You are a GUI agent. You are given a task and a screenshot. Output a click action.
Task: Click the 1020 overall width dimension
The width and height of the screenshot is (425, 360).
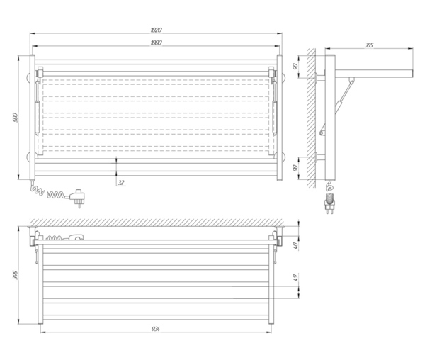(x=156, y=30)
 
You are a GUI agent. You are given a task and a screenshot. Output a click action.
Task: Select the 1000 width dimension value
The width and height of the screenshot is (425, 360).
(x=156, y=44)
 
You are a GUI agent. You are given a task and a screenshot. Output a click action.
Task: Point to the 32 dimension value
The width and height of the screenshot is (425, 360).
(x=121, y=182)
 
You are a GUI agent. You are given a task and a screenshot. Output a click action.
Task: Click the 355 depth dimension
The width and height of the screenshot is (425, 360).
(x=369, y=45)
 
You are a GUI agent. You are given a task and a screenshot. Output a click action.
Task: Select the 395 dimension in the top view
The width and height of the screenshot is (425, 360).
(x=16, y=275)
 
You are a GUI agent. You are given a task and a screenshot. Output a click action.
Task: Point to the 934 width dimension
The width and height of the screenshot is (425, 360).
(x=156, y=328)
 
